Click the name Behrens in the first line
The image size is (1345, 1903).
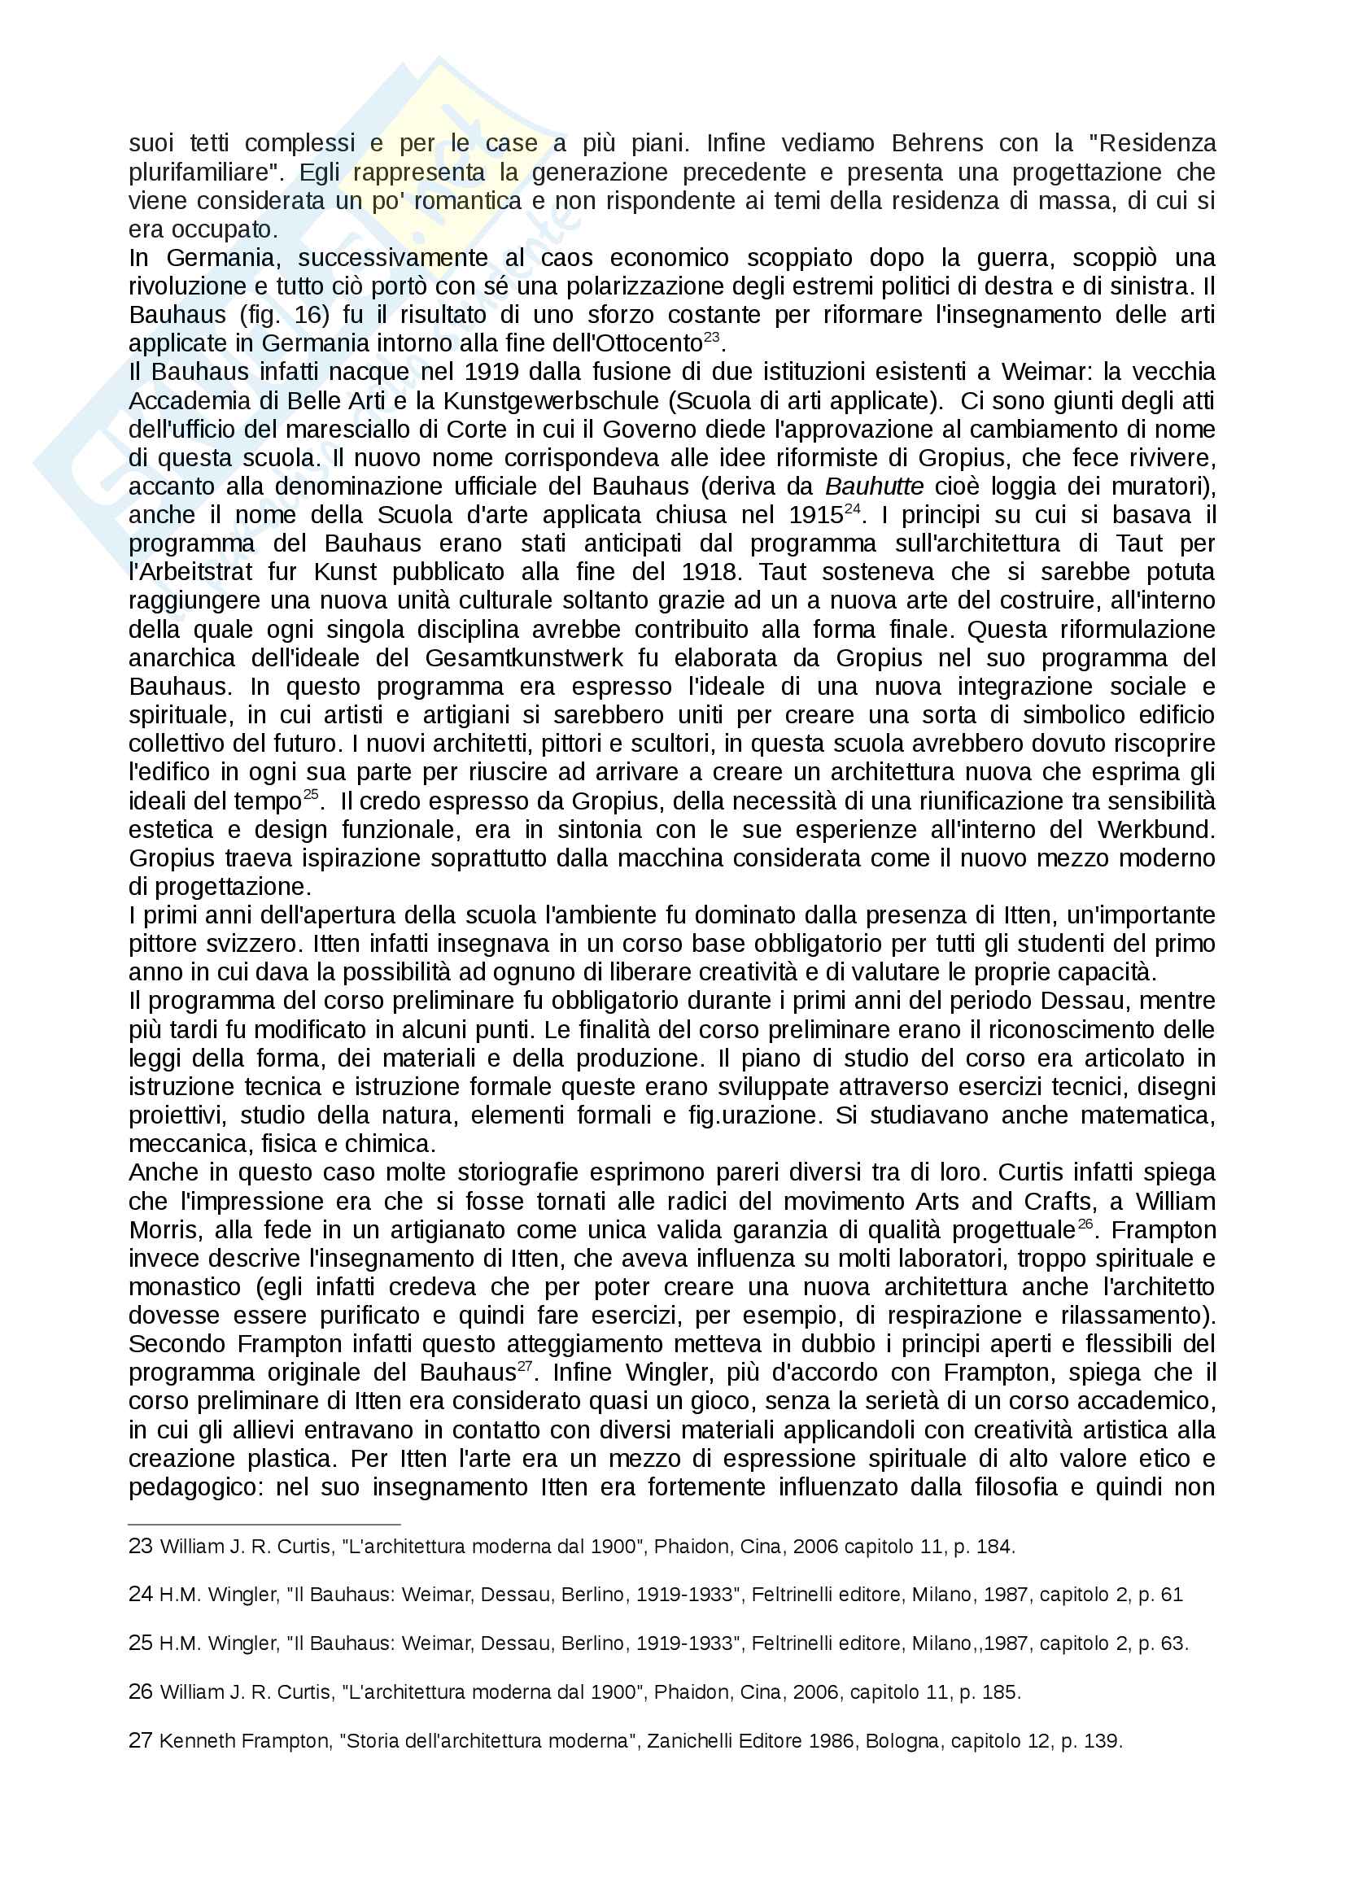tap(937, 143)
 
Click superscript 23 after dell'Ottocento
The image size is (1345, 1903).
tap(711, 338)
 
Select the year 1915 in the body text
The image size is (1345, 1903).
tap(815, 516)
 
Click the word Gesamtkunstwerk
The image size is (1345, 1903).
tap(524, 658)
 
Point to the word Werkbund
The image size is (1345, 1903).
tap(1155, 830)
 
